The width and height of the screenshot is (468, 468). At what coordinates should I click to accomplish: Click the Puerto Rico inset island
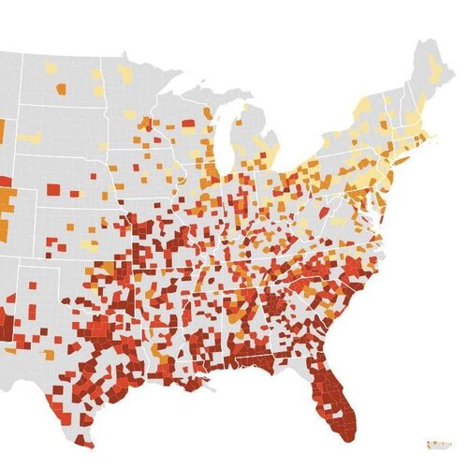point(436,442)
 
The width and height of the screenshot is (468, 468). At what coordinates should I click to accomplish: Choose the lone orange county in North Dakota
point(61,90)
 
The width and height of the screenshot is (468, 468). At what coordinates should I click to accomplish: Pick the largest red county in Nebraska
point(52,190)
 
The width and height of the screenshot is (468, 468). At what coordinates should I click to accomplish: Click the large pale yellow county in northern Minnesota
point(124,73)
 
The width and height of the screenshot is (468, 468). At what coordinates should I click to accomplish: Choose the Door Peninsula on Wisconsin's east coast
point(221,120)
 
